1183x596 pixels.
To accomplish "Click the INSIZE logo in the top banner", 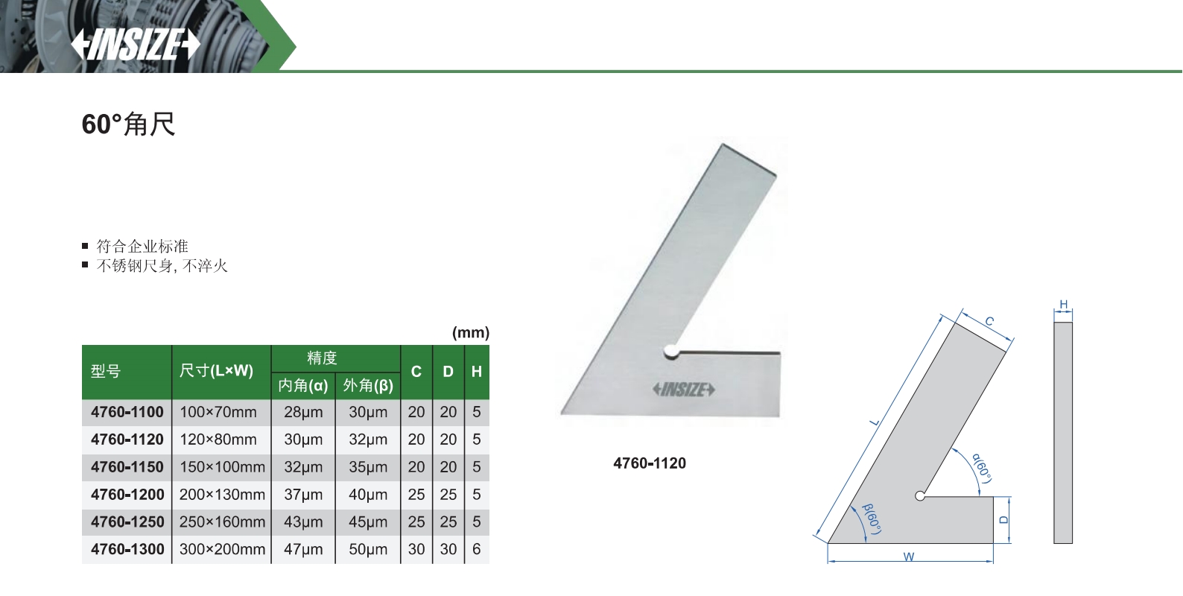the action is (136, 45).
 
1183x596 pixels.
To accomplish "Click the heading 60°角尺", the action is (128, 124).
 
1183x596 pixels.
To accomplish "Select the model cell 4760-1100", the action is (127, 412).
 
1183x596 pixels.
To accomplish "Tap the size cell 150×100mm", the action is (222, 467).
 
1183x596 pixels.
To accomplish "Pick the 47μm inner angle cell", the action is (303, 550).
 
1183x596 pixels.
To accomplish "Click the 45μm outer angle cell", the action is (368, 522).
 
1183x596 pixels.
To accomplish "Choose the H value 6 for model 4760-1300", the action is (476, 550).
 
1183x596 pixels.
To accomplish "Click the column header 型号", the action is (106, 372).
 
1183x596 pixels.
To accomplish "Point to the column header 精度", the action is (322, 358).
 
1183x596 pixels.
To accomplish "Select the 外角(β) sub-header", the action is (368, 386).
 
